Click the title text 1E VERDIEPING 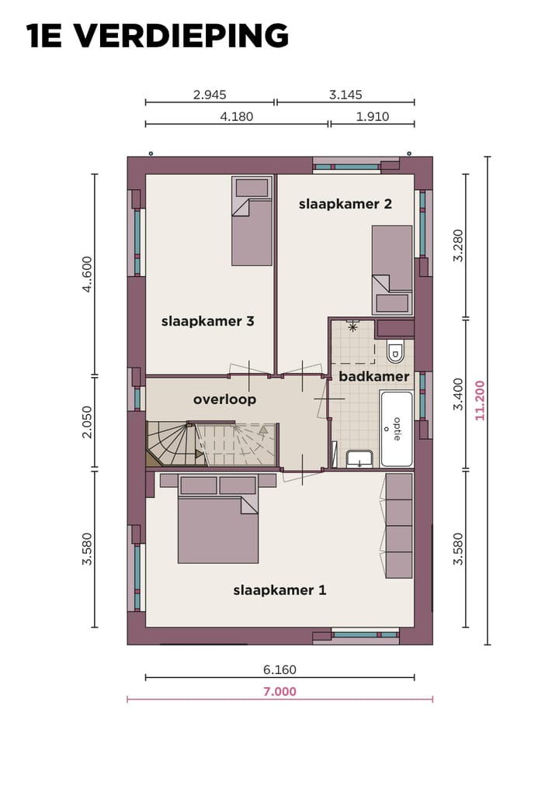tap(158, 36)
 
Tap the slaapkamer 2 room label tap(345, 204)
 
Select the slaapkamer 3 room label tap(207, 321)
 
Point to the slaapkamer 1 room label tap(279, 590)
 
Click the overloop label tap(224, 399)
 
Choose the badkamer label tap(373, 377)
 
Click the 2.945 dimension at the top tap(210, 95)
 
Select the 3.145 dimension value tap(345, 95)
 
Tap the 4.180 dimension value tap(237, 117)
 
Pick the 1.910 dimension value tap(372, 117)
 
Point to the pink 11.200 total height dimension tap(480, 400)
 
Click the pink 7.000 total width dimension tap(279, 692)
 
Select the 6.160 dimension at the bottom tap(279, 670)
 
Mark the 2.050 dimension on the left tap(87, 422)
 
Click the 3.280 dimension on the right tap(458, 245)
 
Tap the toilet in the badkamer tap(395, 352)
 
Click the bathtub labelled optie tap(396, 428)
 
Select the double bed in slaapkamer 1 tap(217, 520)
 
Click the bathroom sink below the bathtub tap(359, 458)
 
